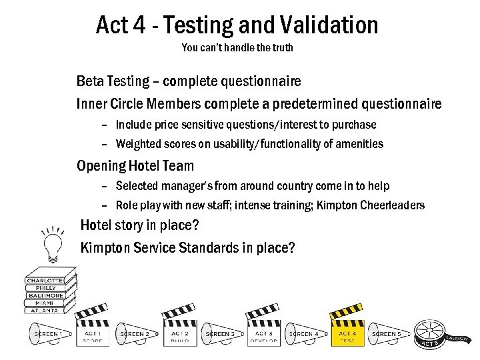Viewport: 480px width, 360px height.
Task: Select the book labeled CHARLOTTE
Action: (45, 280)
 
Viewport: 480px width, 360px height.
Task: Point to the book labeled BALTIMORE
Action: (45, 295)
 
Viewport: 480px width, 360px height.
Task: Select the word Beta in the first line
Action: (91, 81)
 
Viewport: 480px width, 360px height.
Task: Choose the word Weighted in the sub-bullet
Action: (139, 143)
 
